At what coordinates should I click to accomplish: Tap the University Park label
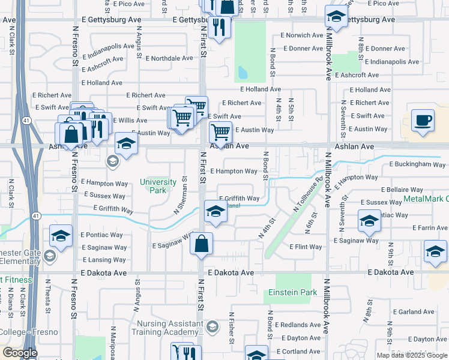tap(157, 186)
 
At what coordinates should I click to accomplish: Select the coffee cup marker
tap(423, 120)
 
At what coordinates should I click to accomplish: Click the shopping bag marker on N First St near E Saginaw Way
tap(202, 244)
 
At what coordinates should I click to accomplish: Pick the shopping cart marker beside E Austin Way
tap(221, 131)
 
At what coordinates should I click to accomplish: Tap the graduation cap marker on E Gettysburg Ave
tap(337, 17)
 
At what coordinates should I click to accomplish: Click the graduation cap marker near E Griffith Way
tap(216, 211)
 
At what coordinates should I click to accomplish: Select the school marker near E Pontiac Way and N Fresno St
tap(61, 236)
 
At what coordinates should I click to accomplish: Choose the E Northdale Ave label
tap(169, 58)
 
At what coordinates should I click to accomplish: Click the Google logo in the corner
tap(19, 353)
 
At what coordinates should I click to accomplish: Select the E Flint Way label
tap(306, 247)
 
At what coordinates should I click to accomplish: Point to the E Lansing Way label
tap(104, 260)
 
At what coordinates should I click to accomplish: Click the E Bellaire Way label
tap(406, 189)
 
